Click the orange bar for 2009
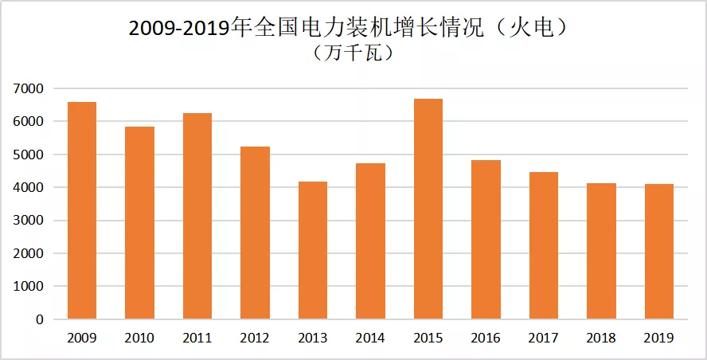pos(82,211)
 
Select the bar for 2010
pos(139,223)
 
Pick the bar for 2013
pos(313,251)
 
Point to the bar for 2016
pos(486,240)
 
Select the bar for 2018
pos(601,252)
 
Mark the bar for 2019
pos(659,252)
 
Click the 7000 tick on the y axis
pos(28,88)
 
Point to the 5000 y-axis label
pos(28,155)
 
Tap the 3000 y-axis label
pos(28,221)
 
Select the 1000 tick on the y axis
pos(28,287)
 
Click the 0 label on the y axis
pos(38,320)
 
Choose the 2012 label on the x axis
pos(255,338)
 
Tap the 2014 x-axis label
pos(370,338)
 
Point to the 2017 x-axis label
pos(544,338)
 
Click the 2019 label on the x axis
pos(659,338)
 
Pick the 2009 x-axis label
pos(82,338)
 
